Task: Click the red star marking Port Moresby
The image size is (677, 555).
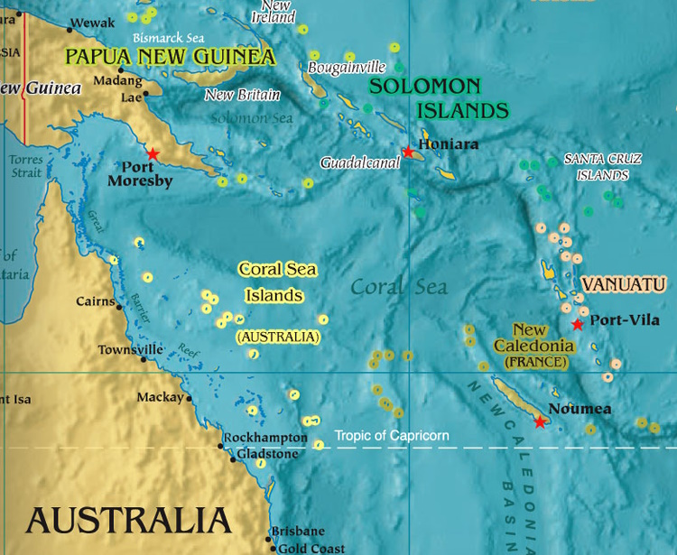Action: pos(153,154)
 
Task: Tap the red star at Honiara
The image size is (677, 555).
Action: pos(408,152)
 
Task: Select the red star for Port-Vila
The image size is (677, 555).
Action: pos(578,324)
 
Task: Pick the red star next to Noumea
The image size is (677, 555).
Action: pos(540,421)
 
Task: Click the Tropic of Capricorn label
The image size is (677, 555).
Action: pos(392,436)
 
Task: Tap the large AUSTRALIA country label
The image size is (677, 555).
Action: pos(128,521)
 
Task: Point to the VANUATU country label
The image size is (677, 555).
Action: pos(624,284)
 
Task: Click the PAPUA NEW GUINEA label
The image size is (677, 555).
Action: pos(170,58)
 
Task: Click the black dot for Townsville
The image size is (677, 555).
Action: pos(143,359)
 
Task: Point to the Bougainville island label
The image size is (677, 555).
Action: pos(347,68)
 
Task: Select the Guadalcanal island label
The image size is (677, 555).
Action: pos(359,163)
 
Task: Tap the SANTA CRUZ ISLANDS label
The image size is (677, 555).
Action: pos(603,166)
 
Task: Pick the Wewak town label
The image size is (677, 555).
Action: pos(91,22)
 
